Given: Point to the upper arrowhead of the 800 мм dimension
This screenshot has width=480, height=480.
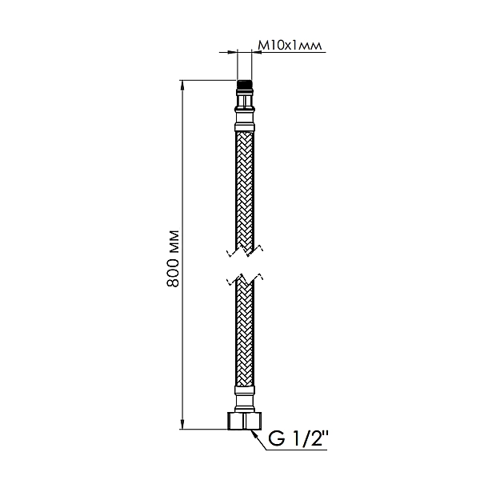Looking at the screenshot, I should click(184, 85).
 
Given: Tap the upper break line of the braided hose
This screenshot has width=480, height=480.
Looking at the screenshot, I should click(243, 250).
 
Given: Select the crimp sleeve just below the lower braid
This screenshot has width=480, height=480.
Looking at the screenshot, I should click(244, 392).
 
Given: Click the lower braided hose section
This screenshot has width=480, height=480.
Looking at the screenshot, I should click(244, 336).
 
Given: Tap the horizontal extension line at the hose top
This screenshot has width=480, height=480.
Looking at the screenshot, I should click(208, 80).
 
